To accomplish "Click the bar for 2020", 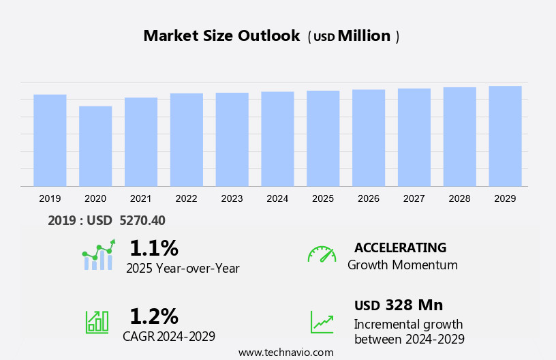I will click(x=95, y=146).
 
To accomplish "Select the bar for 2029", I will click(x=505, y=136).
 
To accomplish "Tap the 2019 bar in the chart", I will click(x=50, y=140).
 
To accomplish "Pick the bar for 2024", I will click(x=277, y=138).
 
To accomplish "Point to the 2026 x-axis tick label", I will click(x=369, y=198).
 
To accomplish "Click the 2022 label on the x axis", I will click(x=186, y=198).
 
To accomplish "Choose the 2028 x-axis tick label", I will click(x=460, y=198).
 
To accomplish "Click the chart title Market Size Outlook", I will click(x=221, y=36).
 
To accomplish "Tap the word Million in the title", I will click(x=364, y=36).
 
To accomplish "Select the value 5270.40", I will click(x=142, y=220).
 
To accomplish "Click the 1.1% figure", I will click(x=153, y=247).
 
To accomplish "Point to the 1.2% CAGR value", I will click(x=153, y=316).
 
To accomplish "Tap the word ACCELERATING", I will click(x=400, y=247).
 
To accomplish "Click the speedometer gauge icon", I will click(x=322, y=254).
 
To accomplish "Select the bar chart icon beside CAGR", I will click(x=97, y=321).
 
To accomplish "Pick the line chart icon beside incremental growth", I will click(x=322, y=321).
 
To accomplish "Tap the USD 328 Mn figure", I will click(x=399, y=305).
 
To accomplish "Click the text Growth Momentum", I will click(x=402, y=265).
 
